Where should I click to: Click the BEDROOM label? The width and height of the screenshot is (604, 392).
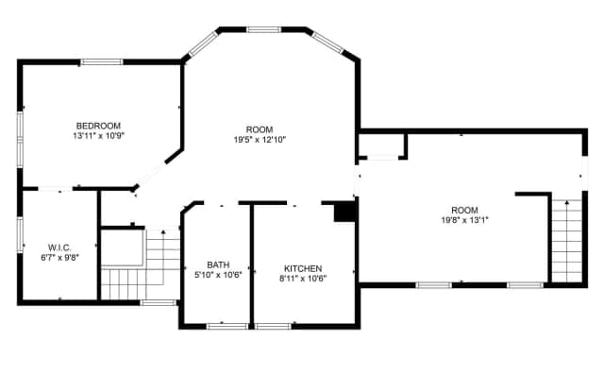pos(98,126)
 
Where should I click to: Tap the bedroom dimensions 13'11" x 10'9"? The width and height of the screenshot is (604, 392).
pos(98,136)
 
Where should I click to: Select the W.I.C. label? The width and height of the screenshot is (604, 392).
pos(59,247)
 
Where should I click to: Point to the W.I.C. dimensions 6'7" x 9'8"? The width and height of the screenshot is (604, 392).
pos(59,258)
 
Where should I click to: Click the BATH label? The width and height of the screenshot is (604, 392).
pos(218,264)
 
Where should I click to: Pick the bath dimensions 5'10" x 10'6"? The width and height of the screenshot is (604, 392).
pos(218,275)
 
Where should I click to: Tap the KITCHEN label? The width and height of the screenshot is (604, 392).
pos(303,268)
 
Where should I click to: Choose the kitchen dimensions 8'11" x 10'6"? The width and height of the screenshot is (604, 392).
pos(303,279)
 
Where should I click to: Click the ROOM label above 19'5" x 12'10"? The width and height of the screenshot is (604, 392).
pos(260,129)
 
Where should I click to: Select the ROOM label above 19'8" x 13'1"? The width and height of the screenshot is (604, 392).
pos(464,211)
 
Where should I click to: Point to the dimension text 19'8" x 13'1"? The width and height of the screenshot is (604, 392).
pos(464,220)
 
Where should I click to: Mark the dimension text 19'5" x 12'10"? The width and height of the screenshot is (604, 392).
pos(260,140)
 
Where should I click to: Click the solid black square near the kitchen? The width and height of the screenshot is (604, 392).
pos(344,212)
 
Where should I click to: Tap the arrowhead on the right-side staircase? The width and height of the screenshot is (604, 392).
pos(566,202)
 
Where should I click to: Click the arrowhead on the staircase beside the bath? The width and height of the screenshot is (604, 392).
pos(163,232)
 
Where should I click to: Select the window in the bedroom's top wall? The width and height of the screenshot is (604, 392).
pos(102,61)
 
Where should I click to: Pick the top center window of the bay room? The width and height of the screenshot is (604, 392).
pos(264,29)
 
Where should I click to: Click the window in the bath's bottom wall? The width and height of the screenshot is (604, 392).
pos(227,327)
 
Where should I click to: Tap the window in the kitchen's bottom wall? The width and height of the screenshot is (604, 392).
pos(273,327)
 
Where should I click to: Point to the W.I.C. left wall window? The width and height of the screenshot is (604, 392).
pos(20,235)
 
